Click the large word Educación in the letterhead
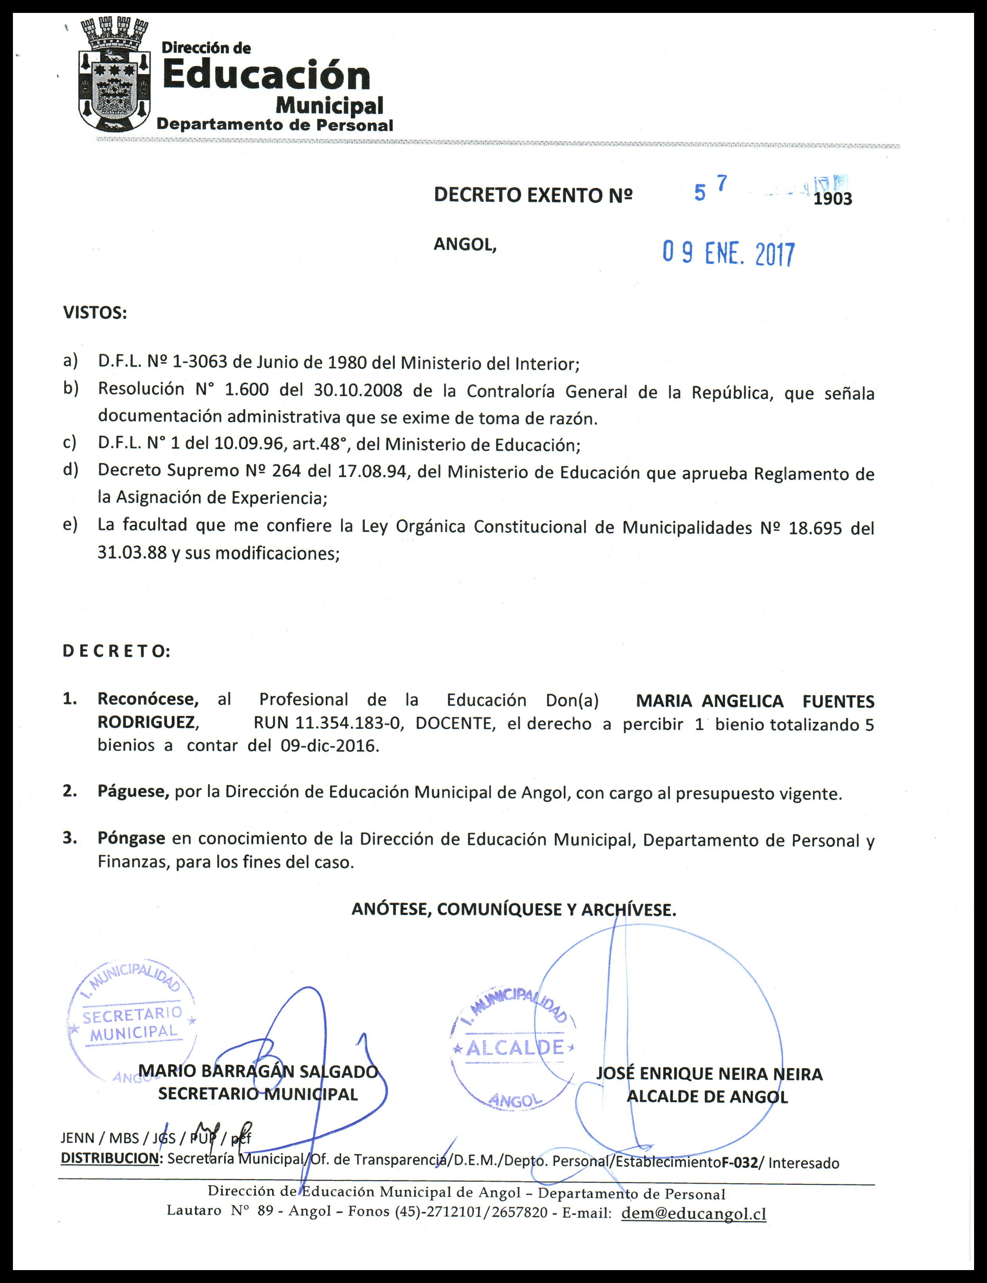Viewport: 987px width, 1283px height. tap(265, 76)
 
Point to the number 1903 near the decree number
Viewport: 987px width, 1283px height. tap(832, 199)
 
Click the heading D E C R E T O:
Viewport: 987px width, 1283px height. tap(116, 651)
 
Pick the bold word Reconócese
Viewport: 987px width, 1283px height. tap(148, 699)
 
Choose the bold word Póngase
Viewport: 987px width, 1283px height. tap(131, 838)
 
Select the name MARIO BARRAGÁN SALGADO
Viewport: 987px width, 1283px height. tap(258, 1072)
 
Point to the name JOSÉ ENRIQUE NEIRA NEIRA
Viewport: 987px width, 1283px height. tap(709, 1074)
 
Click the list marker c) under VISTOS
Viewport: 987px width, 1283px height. tap(70, 443)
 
